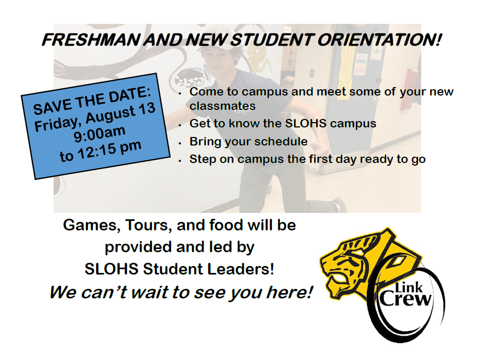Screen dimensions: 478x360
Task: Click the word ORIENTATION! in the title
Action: [x=380, y=40]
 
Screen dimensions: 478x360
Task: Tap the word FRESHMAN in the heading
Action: [x=91, y=40]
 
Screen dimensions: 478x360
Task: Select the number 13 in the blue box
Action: [x=147, y=109]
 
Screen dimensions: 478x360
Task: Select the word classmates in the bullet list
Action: [x=223, y=106]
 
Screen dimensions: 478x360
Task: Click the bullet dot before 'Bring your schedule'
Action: [x=180, y=143]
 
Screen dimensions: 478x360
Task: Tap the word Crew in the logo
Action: [x=406, y=299]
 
